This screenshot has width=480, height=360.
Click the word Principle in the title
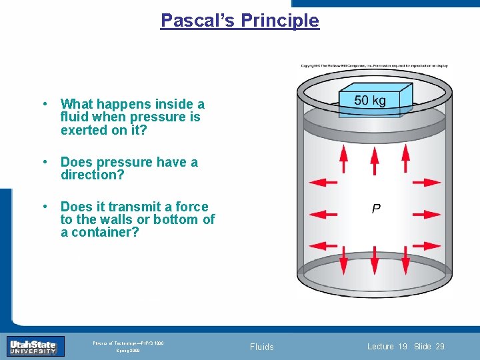pyautogui.click(x=280, y=21)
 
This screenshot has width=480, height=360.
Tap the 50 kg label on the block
pyautogui.click(x=370, y=101)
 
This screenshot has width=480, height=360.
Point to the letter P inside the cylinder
pyautogui.click(x=377, y=209)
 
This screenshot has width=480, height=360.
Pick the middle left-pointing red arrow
pyautogui.click(x=324, y=215)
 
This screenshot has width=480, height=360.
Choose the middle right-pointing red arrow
pyautogui.click(x=426, y=215)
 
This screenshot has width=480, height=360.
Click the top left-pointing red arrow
pyautogui.click(x=324, y=181)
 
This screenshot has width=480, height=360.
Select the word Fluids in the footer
pyautogui.click(x=262, y=347)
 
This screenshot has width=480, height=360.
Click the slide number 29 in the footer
pyautogui.click(x=439, y=347)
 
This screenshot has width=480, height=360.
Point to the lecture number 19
pyautogui.click(x=403, y=347)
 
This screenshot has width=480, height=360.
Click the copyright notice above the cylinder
pyautogui.click(x=374, y=65)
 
